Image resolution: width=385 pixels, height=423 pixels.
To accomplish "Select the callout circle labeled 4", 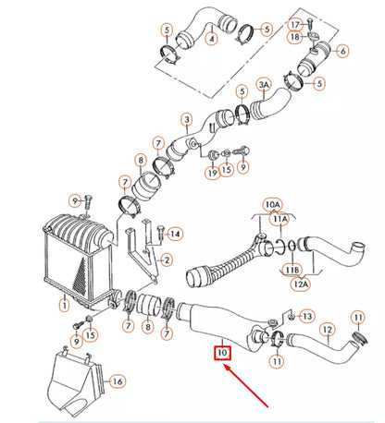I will pos(212,40).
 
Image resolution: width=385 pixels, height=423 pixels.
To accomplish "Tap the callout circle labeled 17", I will pos(296,23).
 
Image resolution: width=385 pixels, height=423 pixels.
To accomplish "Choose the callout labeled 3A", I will pos(263,85).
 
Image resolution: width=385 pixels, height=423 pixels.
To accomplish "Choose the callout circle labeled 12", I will pos(326,329).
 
